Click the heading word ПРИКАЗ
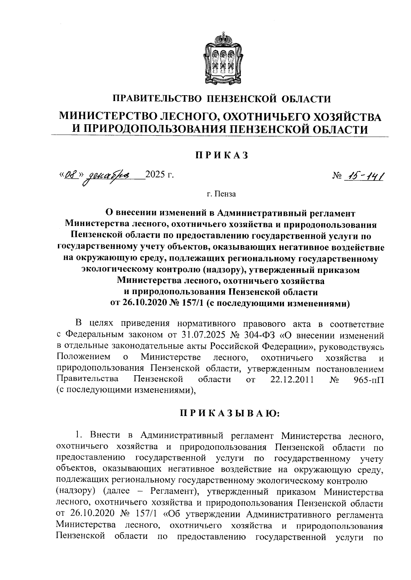221,155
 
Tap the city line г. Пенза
221,194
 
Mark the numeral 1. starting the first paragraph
79,436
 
